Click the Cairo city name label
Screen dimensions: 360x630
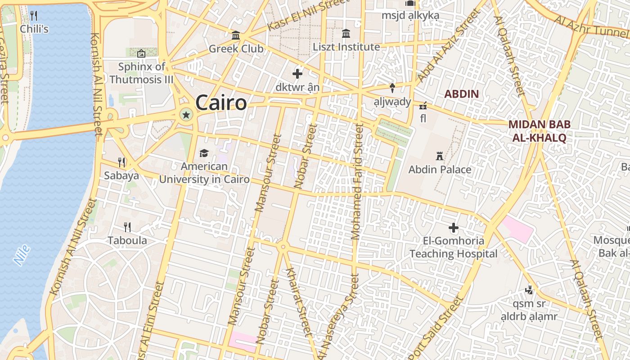(221, 103)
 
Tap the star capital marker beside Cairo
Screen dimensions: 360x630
(185, 115)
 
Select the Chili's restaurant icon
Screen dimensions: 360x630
(34, 16)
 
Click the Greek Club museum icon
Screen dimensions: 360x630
(236, 36)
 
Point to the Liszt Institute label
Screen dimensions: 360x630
(346, 47)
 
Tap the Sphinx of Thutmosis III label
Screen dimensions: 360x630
(141, 73)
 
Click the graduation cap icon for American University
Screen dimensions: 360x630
(204, 153)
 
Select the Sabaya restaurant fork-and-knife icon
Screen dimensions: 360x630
(121, 162)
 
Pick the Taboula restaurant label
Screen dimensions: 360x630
(127, 240)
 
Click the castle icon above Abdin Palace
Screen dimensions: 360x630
(440, 156)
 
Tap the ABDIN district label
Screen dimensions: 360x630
(461, 94)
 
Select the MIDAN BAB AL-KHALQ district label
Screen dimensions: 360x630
(539, 131)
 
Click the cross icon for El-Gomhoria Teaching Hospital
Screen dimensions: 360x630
(454, 228)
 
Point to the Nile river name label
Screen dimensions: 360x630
(22, 255)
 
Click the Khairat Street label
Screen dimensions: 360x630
(299, 302)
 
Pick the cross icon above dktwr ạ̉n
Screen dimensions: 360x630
(297, 73)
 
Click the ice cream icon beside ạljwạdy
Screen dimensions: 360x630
(392, 88)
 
